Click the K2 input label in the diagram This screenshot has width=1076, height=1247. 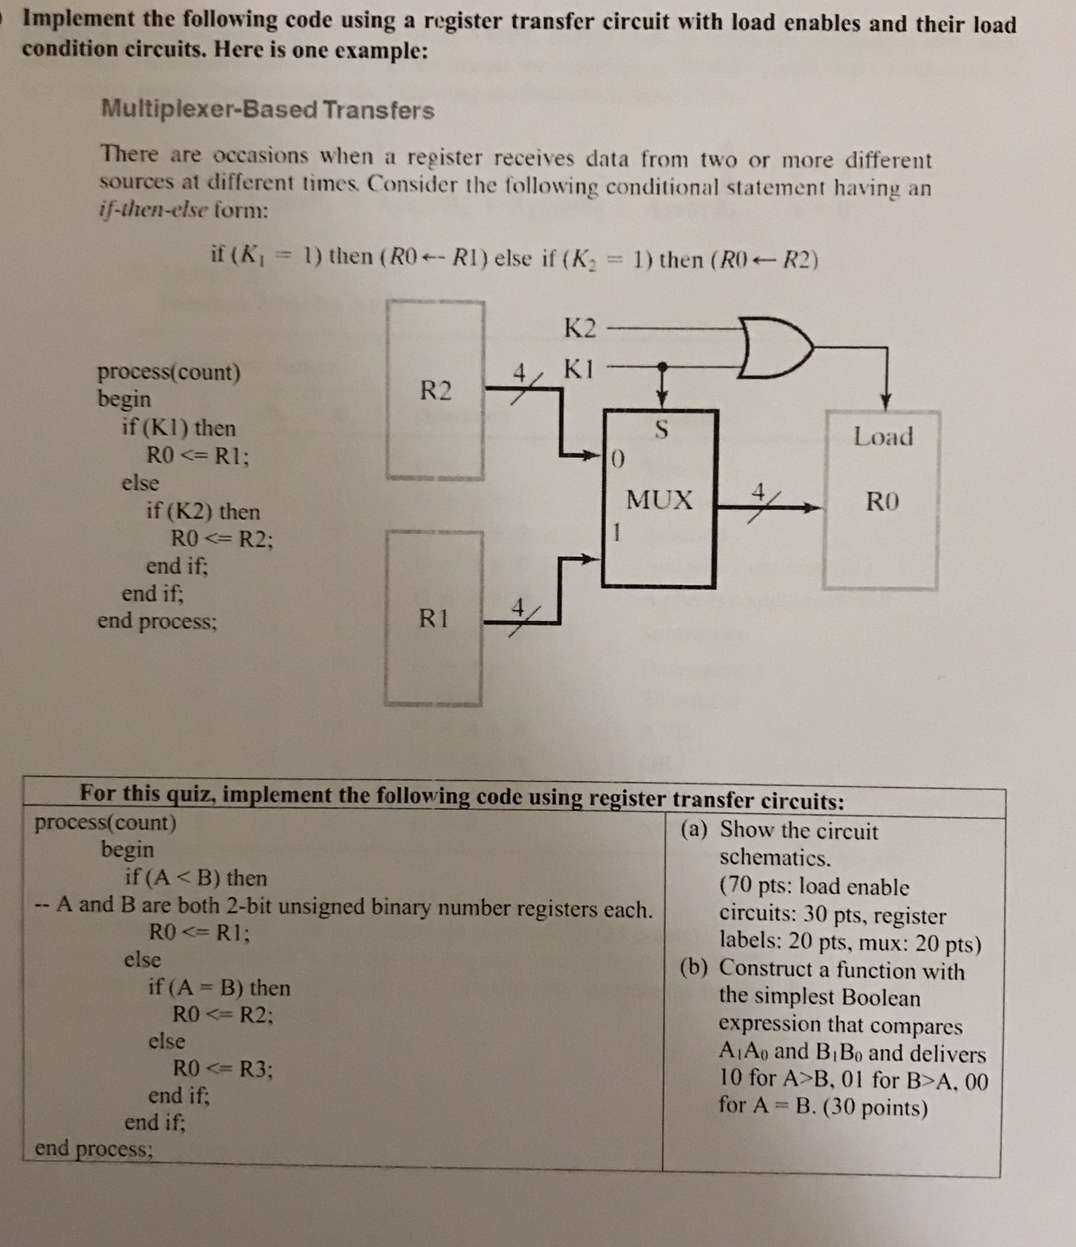click(x=580, y=328)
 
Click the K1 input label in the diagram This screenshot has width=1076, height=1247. click(x=579, y=370)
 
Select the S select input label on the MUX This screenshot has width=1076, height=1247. click(x=662, y=430)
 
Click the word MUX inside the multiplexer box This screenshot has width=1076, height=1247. click(x=659, y=501)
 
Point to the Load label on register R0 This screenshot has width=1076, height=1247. click(x=883, y=437)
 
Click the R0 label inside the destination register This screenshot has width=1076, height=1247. click(x=883, y=502)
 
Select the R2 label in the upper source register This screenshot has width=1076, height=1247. click(x=435, y=391)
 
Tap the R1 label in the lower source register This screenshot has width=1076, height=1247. click(x=434, y=618)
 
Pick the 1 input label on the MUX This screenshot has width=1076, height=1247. click(x=614, y=533)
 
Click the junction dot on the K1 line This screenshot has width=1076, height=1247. click(x=662, y=367)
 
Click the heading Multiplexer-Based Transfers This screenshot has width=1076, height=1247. click(x=267, y=109)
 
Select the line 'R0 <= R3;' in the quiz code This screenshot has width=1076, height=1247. click(x=222, y=1069)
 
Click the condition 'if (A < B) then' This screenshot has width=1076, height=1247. click(x=195, y=877)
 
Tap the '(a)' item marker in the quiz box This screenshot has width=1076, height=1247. click(x=694, y=830)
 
